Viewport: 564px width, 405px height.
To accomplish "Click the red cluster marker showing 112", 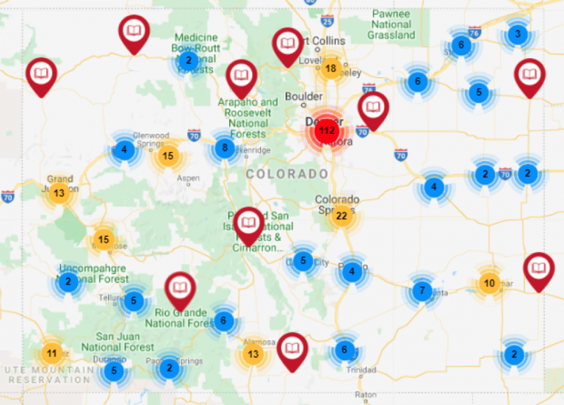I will (x=326, y=132).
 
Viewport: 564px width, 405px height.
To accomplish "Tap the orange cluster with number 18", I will (x=330, y=69).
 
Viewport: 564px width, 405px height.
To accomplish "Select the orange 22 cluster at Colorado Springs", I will (x=341, y=216).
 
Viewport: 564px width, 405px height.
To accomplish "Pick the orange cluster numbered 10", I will (x=489, y=284).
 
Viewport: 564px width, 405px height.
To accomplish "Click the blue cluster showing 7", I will (x=421, y=291).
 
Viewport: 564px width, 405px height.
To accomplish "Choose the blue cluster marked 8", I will (x=225, y=148).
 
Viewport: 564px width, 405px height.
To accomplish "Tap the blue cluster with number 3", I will (x=518, y=34).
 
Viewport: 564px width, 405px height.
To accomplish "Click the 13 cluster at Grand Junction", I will (x=59, y=193).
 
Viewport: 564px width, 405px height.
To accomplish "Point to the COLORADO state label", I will (x=287, y=174).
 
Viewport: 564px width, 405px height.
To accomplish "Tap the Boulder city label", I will (x=303, y=96).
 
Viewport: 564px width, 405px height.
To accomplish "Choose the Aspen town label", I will (x=188, y=178).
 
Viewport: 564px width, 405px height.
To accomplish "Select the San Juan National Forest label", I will (x=117, y=342).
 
